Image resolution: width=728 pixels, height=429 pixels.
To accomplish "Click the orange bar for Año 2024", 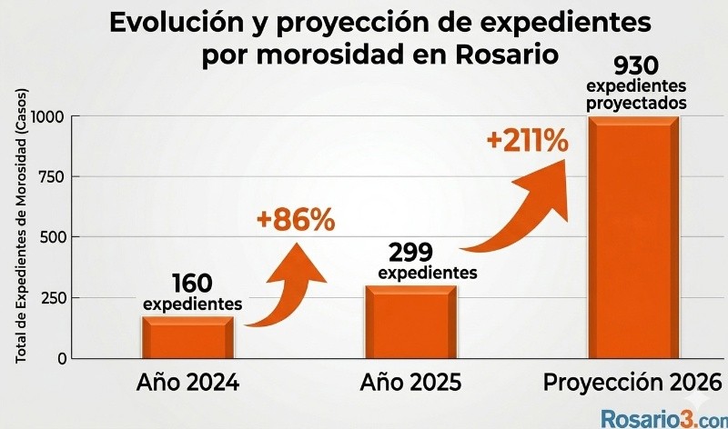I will point(187,337).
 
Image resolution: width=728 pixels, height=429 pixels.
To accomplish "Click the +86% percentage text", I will point(296,220).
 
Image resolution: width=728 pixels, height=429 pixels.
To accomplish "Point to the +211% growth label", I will point(528,142).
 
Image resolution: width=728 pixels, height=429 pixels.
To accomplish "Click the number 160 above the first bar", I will point(193,284).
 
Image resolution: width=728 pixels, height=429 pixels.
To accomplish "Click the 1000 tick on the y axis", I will point(47,116).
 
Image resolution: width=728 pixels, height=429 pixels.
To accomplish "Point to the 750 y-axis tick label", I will point(52,176).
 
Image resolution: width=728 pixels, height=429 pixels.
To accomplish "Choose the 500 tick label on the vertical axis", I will point(52,237).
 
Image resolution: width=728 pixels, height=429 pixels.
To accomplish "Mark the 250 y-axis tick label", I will point(52,298).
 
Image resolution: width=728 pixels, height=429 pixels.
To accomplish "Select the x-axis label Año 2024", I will point(187,383).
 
